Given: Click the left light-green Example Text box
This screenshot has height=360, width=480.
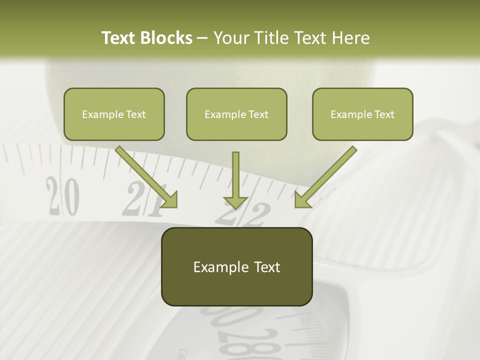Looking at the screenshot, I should coord(114,114).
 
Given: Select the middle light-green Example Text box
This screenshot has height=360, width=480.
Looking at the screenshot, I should coord(236,114).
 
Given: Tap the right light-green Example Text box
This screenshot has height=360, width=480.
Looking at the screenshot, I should coord(362,114).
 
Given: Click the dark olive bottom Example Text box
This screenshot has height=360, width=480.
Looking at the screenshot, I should coord(236,266).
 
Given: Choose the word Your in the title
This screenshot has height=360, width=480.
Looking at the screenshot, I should coord(230,38).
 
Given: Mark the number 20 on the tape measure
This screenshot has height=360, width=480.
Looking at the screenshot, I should coord(63,195).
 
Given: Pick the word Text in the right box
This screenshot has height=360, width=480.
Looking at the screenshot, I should coord(383,114).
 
